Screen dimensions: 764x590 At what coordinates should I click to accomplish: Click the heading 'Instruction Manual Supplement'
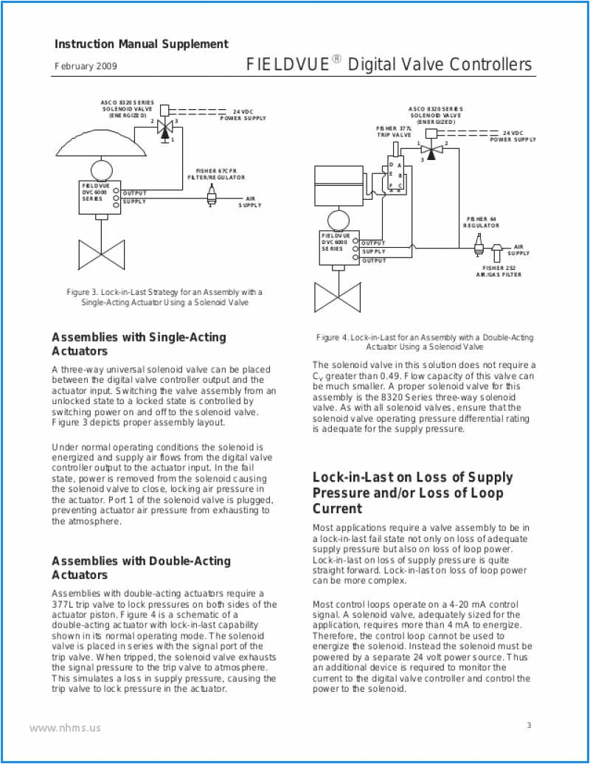(x=142, y=44)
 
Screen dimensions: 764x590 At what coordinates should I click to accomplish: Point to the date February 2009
(x=86, y=66)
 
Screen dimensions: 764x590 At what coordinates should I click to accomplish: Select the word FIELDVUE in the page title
(x=288, y=65)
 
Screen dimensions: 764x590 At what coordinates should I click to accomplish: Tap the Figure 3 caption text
(x=164, y=297)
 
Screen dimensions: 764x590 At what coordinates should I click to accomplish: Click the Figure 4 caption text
(x=425, y=341)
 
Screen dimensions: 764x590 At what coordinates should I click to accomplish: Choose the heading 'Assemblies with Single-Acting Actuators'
(x=139, y=344)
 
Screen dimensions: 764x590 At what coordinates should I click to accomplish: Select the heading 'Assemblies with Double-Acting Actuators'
(x=141, y=568)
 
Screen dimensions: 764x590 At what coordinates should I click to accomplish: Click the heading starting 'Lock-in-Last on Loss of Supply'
(x=412, y=493)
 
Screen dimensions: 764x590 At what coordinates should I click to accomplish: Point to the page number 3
(x=528, y=726)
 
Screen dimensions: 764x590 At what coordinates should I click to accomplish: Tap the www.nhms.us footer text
(x=65, y=728)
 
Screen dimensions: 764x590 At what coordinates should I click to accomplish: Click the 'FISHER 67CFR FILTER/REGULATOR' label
(x=216, y=174)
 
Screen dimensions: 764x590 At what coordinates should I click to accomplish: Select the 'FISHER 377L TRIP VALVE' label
(x=395, y=132)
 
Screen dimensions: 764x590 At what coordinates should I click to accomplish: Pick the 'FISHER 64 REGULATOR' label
(x=481, y=222)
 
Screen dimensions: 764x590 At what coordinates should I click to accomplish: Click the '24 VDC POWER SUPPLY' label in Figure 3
(x=243, y=114)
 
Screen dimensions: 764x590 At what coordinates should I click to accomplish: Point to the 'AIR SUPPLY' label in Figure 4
(x=518, y=250)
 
